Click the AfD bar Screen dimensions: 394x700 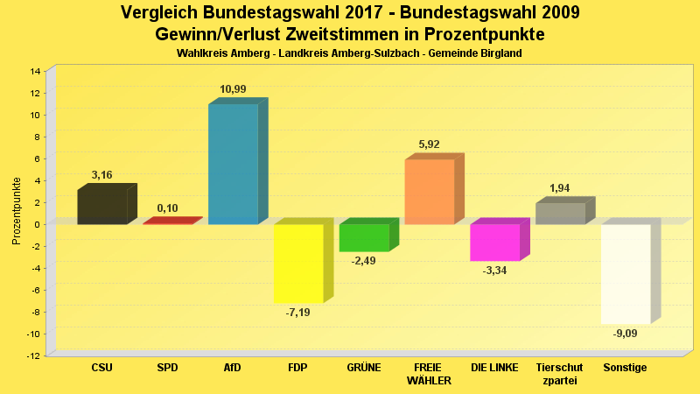point(233,164)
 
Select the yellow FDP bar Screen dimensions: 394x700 point(298,264)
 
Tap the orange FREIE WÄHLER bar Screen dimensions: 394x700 point(429,192)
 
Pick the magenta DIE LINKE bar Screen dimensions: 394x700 point(494,243)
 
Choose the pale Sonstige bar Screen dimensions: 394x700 point(625,274)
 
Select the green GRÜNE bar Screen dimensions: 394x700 point(364,238)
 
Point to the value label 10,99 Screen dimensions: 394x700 point(233,90)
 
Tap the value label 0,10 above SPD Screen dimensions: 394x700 point(167,208)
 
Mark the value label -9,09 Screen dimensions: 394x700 point(625,334)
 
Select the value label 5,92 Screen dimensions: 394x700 point(429,145)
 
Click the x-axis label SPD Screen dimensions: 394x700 point(167,368)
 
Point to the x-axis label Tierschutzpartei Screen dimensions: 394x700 point(560,374)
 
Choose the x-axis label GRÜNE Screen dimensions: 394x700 point(364,368)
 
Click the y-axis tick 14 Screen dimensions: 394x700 point(36,71)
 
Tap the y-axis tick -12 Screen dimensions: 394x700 point(34,355)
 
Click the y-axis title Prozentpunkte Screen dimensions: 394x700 point(17,212)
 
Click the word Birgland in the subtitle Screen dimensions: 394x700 point(500,53)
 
